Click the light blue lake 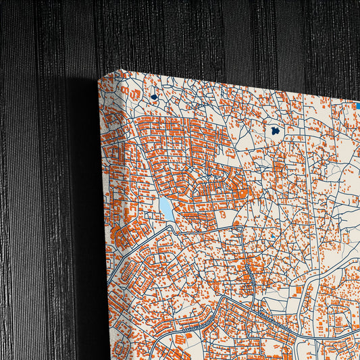pos(165,208)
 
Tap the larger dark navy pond pos(276,130)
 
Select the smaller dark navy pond pos(154,97)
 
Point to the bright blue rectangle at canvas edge pos(357,105)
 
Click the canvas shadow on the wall pos(84,203)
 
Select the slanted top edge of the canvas pos(230,84)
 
